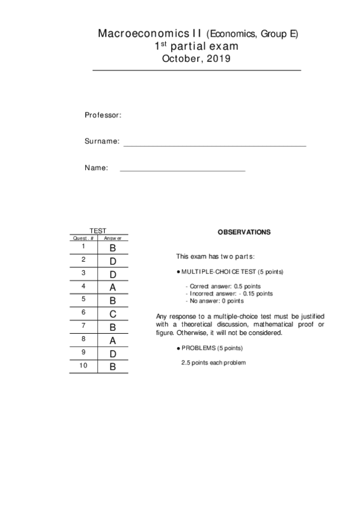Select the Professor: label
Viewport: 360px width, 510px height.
pos(103,115)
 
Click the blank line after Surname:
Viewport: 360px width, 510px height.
pos(215,145)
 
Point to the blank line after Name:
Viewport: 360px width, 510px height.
pos(183,170)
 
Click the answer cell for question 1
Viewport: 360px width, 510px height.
pos(112,247)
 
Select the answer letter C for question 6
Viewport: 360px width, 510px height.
pos(112,313)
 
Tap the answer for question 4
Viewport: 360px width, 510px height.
pos(112,287)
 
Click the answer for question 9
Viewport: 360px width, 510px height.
pos(112,353)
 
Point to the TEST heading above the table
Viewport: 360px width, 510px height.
pos(98,231)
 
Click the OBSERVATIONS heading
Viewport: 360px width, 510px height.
pos(244,232)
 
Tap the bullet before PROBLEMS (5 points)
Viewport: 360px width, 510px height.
pos(178,348)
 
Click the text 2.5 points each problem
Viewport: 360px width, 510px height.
pos(213,363)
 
